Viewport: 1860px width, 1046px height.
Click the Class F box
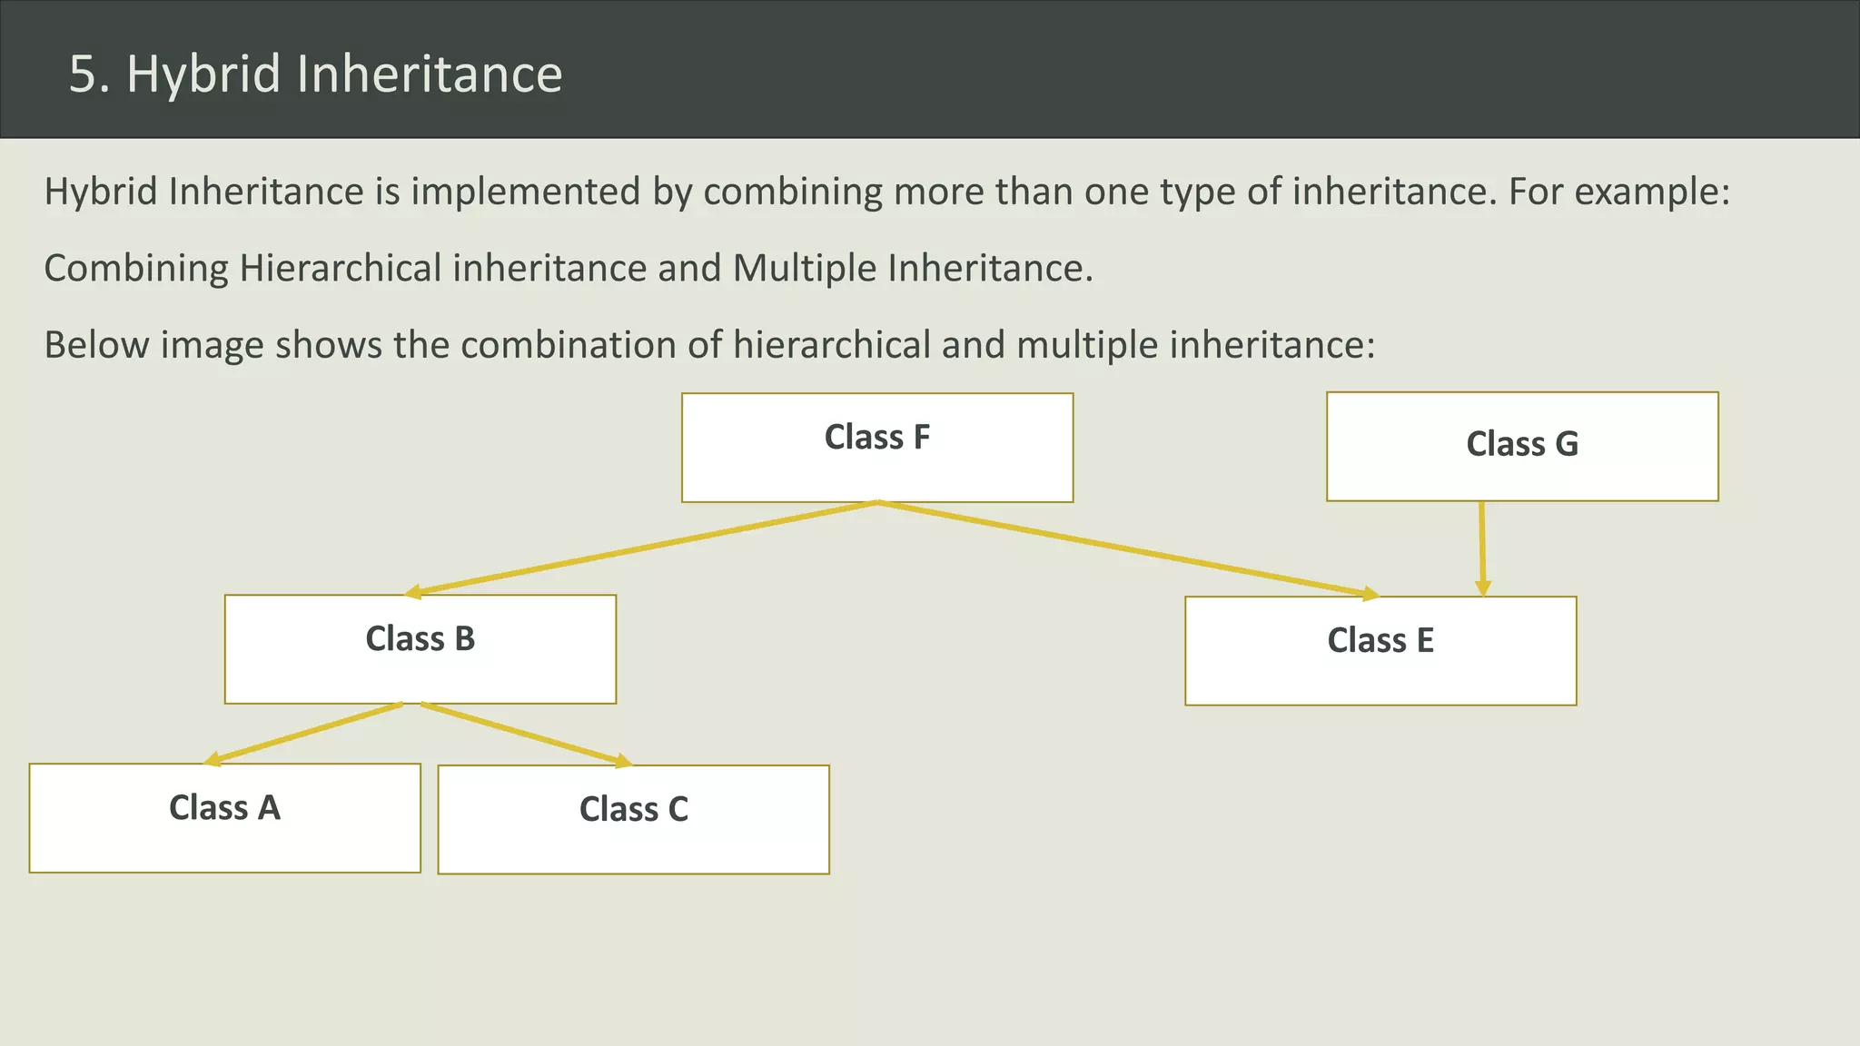[877, 448]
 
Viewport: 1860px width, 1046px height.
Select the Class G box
[1522, 447]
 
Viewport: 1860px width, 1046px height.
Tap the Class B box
[420, 649]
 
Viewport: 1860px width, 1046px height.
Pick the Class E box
[1380, 651]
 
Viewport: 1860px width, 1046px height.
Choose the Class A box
[225, 818]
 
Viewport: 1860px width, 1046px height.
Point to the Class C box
[634, 820]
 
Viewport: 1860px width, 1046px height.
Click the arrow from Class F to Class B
[641, 548]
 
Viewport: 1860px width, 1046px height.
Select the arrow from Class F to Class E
[1126, 548]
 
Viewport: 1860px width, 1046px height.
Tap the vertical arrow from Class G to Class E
[1482, 548]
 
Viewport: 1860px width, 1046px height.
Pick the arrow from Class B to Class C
[525, 734]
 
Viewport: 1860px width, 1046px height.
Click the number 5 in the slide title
[84, 74]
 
